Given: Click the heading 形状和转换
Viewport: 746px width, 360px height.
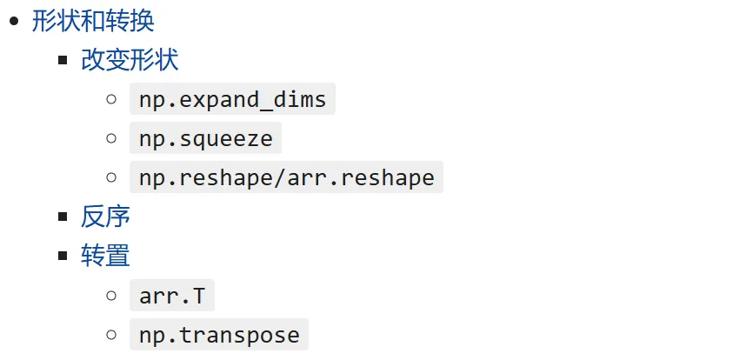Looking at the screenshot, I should click(x=93, y=20).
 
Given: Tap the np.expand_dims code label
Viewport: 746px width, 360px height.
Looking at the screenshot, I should click(x=232, y=99).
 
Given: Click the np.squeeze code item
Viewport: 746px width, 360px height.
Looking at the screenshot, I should click(x=205, y=138).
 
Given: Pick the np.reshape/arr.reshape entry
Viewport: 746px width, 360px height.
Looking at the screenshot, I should click(x=286, y=177).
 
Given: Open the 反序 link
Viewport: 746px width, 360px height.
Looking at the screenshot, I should click(x=105, y=217).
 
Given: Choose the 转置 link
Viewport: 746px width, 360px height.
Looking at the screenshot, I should click(x=105, y=256).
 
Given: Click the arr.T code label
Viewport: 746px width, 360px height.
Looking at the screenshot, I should click(x=172, y=296).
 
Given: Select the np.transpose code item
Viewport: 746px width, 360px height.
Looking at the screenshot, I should click(x=219, y=335).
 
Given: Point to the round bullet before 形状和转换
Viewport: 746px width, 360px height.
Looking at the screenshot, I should click(x=14, y=20).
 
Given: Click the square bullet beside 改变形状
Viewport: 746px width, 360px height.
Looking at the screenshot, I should click(x=63, y=60).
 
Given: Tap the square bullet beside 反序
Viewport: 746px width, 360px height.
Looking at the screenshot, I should click(x=63, y=217).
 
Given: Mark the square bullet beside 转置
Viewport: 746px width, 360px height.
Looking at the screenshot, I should click(x=63, y=256).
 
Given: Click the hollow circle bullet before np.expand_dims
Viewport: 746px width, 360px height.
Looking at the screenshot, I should click(x=111, y=99).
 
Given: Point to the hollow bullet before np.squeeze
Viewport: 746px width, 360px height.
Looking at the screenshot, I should click(x=111, y=138).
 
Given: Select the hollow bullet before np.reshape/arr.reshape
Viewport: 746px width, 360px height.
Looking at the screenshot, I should click(x=111, y=177).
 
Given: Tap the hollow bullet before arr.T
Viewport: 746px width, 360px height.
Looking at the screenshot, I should click(x=111, y=296).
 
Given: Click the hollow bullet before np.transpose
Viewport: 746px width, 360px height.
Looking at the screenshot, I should click(x=111, y=335).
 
